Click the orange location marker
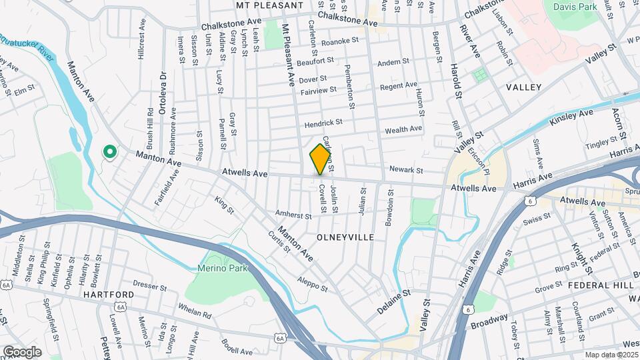click(321, 159)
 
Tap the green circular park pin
click(109, 153)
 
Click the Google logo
click(22, 351)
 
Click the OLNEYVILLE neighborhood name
click(343, 237)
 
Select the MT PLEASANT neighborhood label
click(270, 5)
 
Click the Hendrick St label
click(323, 123)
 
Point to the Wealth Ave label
click(403, 129)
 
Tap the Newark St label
click(406, 170)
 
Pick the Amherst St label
click(294, 216)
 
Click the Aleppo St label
click(313, 284)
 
